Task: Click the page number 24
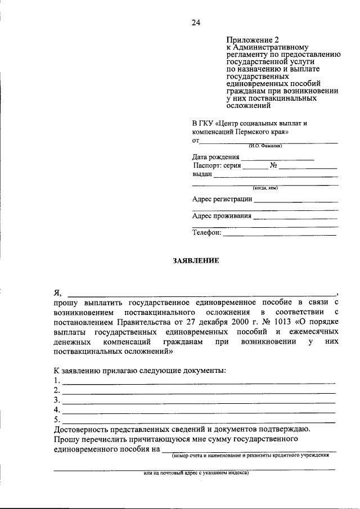pos(195,22)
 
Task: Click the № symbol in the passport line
pos(274,166)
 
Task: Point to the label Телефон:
pos(206,232)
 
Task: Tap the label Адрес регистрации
pos(222,199)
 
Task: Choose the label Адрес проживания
pos(222,215)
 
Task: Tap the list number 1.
pos(57,381)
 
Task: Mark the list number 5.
pos(57,419)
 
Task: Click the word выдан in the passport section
pos(202,174)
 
